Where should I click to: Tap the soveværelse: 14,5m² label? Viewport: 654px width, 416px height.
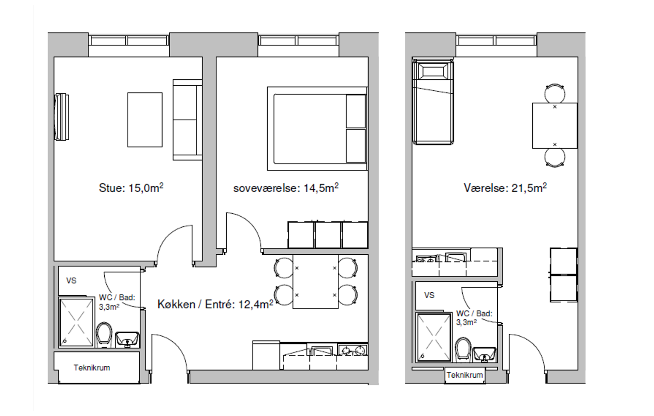click(x=286, y=188)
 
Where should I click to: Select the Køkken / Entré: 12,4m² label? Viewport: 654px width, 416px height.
click(x=215, y=304)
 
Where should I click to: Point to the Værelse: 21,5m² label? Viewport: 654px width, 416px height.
click(x=505, y=188)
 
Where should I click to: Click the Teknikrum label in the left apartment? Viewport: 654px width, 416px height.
click(x=92, y=368)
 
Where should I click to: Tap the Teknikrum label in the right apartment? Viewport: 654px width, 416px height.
click(x=465, y=375)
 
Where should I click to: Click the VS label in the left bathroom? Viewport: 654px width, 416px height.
click(x=71, y=281)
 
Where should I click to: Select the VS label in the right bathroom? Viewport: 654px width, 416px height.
click(x=429, y=295)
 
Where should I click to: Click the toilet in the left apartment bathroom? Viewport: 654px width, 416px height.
click(x=104, y=334)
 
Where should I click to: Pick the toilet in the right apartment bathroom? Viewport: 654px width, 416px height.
click(x=463, y=349)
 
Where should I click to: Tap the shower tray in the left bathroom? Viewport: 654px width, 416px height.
click(x=76, y=322)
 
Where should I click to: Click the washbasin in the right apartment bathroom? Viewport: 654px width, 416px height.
click(x=484, y=354)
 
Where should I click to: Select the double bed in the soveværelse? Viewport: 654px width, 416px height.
click(x=317, y=128)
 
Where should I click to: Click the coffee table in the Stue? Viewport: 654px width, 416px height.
click(x=145, y=120)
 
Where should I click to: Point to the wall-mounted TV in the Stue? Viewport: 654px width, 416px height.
click(x=62, y=117)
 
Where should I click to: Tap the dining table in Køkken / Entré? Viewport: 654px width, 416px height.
click(x=316, y=282)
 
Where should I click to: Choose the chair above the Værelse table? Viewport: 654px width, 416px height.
click(x=554, y=93)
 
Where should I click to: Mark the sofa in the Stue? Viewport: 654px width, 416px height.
click(x=188, y=120)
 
